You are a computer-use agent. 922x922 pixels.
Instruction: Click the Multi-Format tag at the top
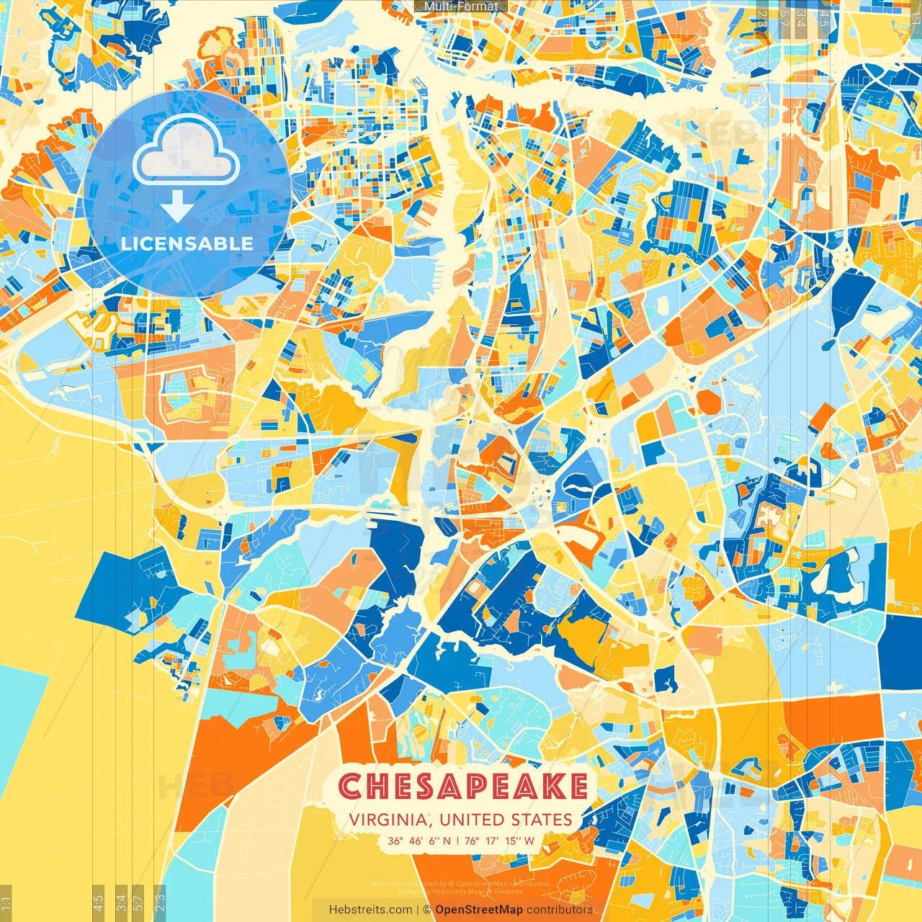[461, 6]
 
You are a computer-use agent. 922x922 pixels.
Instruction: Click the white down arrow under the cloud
[176, 207]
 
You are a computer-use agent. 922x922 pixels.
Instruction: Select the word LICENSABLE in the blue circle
[187, 243]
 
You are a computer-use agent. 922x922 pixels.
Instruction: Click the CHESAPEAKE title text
[463, 787]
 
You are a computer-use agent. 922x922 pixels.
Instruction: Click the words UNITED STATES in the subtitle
[506, 820]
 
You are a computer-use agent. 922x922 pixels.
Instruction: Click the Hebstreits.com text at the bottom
[370, 910]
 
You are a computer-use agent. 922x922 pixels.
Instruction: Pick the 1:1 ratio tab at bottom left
[6, 903]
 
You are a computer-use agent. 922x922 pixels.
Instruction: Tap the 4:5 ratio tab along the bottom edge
[99, 903]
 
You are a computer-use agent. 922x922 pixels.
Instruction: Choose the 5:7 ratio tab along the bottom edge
[138, 903]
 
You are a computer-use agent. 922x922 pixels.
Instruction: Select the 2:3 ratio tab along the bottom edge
[159, 903]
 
